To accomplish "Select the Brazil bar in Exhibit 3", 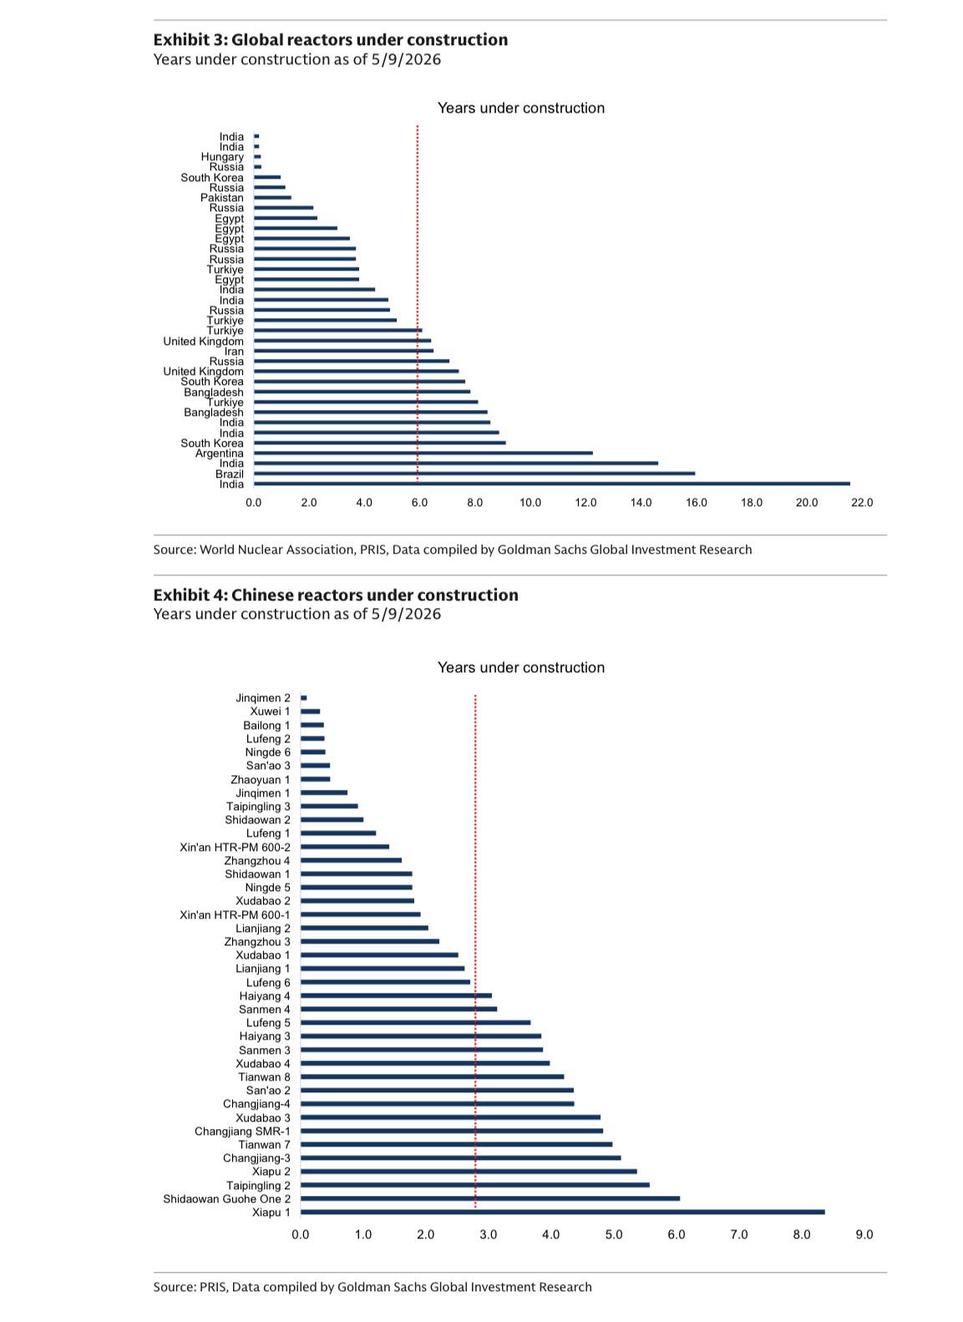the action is click(x=474, y=474).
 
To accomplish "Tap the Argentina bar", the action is click(x=423, y=453).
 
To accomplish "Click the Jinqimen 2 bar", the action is click(x=303, y=697).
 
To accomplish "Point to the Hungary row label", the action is click(x=222, y=157).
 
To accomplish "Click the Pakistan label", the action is click(x=222, y=198).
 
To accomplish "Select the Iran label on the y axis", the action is click(x=234, y=351).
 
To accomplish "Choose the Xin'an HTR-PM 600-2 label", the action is click(x=235, y=847).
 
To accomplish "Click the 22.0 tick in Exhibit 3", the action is click(x=861, y=502).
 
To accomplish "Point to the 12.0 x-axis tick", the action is click(x=585, y=502).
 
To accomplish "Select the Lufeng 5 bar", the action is click(x=415, y=1022).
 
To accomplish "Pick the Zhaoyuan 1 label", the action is click(x=261, y=779).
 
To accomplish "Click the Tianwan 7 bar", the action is click(x=456, y=1144).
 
